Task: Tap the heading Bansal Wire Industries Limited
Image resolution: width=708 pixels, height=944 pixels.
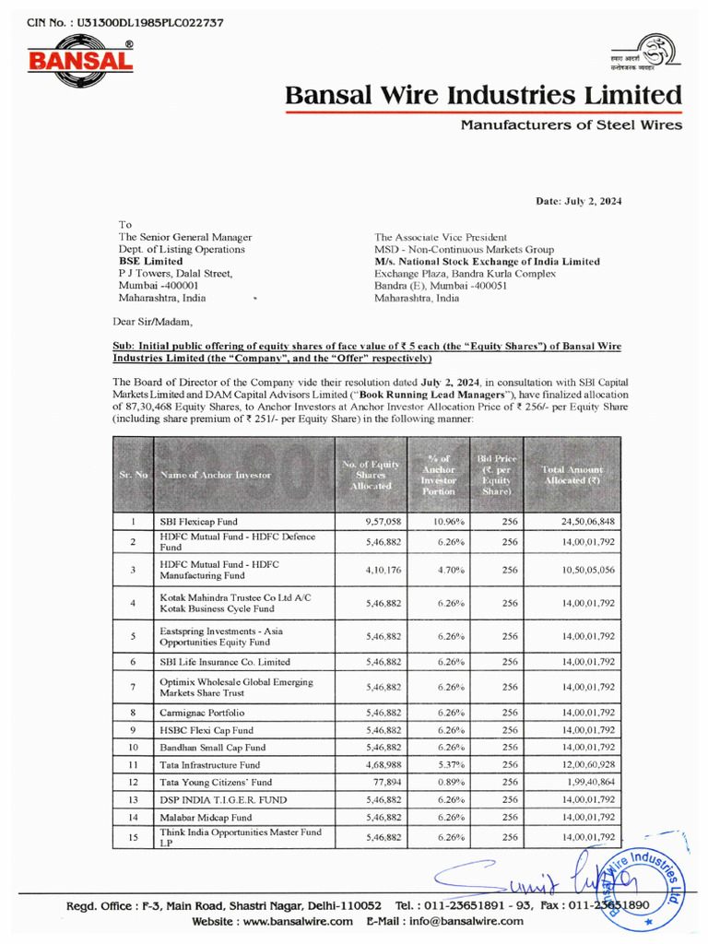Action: [x=484, y=95]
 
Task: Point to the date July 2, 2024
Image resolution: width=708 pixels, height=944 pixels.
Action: [x=579, y=201]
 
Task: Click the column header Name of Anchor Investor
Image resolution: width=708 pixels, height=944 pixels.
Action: [x=216, y=475]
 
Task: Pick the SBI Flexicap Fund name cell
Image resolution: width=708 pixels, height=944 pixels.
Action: [x=198, y=522]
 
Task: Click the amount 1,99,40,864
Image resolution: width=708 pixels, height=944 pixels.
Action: [x=588, y=782]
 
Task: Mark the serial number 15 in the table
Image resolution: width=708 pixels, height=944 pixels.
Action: [x=133, y=837]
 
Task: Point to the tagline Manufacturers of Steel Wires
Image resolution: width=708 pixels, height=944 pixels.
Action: [x=572, y=125]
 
